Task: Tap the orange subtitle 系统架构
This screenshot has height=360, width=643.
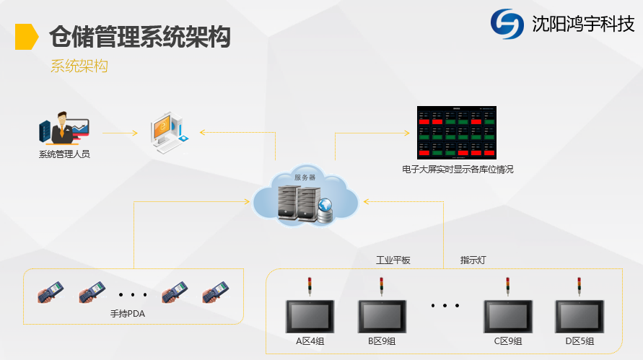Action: [x=79, y=66]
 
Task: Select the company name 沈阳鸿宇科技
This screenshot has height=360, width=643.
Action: [x=583, y=24]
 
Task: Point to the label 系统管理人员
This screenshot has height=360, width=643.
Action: [x=64, y=154]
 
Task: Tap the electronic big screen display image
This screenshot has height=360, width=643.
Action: [x=458, y=133]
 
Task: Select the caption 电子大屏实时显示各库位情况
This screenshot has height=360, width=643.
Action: [x=458, y=170]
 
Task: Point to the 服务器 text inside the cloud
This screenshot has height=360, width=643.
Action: [x=305, y=177]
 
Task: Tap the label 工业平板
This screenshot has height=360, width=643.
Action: [x=393, y=260]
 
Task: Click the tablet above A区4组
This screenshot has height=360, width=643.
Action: [x=310, y=315]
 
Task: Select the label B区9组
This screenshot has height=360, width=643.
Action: [x=382, y=341]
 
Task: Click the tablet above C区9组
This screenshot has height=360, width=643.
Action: [x=507, y=315]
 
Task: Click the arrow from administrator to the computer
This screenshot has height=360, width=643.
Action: [x=120, y=133]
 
